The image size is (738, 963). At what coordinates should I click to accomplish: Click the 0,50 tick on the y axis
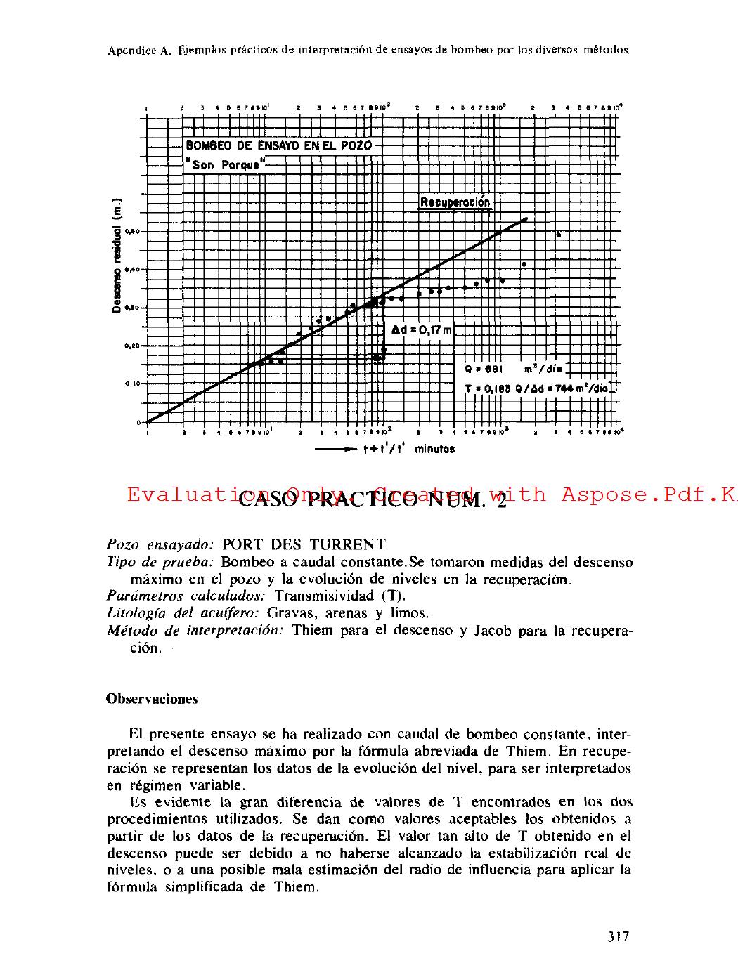click(133, 231)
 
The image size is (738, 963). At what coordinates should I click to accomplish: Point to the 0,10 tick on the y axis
click(133, 384)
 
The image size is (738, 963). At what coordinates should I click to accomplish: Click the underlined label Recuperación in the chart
click(455, 202)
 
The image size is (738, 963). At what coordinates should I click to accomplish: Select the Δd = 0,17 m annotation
click(420, 328)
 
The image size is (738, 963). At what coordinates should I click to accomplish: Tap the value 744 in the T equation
click(565, 388)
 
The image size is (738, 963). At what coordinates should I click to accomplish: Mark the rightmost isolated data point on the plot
click(558, 235)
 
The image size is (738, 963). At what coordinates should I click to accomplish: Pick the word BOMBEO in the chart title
click(209, 148)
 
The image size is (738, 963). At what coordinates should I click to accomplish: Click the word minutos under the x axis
click(434, 450)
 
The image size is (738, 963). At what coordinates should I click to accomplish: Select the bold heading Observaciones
click(152, 699)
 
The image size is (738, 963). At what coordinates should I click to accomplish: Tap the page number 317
click(618, 936)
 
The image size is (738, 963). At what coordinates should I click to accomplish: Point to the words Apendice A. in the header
click(140, 51)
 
